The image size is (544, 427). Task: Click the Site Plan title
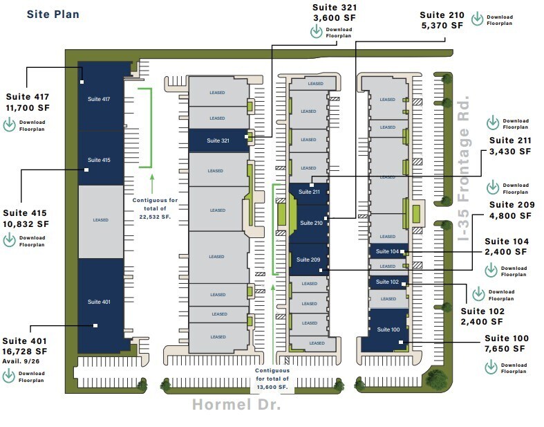[x=53, y=14]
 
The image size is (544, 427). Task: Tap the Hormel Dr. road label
[x=236, y=405]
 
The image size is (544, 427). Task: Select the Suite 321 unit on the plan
[x=218, y=140]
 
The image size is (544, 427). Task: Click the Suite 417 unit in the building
[x=99, y=99]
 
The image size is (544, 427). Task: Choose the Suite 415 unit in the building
[x=99, y=160]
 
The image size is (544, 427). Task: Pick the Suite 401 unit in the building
[x=99, y=302]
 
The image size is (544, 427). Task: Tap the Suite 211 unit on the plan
[x=308, y=192]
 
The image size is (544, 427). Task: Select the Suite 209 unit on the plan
[x=308, y=260]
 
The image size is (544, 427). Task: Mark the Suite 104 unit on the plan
[x=388, y=252]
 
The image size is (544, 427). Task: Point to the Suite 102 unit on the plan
[x=388, y=282]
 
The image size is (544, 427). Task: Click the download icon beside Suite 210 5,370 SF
[x=477, y=19]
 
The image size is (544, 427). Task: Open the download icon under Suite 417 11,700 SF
[x=10, y=125]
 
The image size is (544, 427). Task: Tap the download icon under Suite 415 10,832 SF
[x=10, y=241]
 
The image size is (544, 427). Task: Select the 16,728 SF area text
[x=27, y=351]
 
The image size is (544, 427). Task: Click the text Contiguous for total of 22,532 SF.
[x=151, y=208]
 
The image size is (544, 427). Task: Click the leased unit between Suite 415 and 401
[x=100, y=221]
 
